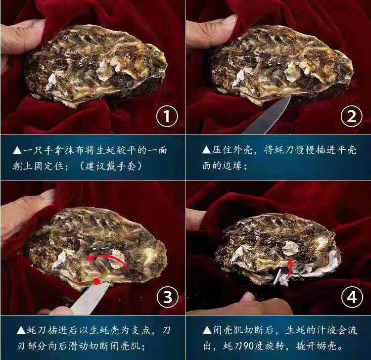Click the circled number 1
[x=166, y=117]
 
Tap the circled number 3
[x=167, y=297]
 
